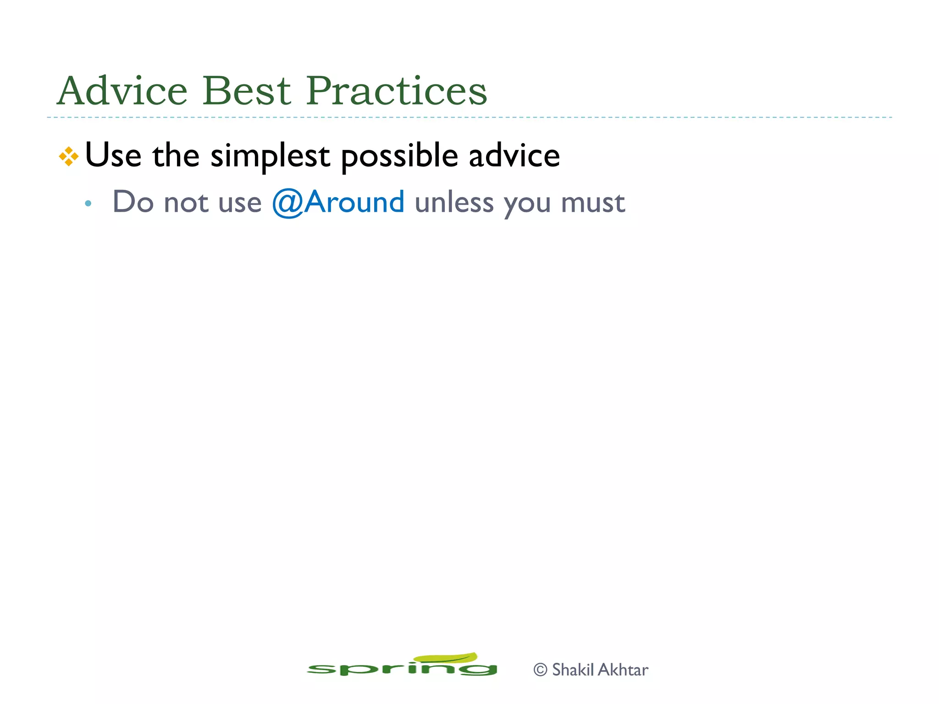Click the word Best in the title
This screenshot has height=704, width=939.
[x=247, y=91]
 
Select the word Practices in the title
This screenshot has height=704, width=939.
[x=396, y=91]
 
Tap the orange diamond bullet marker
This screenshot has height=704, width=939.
[x=69, y=156]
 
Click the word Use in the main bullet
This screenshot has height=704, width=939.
[x=113, y=155]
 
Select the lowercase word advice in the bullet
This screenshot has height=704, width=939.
[x=514, y=155]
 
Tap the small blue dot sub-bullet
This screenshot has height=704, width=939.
[x=88, y=203]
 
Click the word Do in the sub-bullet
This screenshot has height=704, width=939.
[x=133, y=202]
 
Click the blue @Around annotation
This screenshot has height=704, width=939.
[x=338, y=202]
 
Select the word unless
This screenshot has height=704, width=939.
[x=454, y=202]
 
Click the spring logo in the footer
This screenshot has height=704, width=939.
[x=402, y=668]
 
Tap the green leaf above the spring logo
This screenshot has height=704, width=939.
[x=446, y=658]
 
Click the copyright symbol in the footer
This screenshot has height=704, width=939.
[x=541, y=670]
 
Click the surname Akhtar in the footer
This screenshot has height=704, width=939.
[x=624, y=670]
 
